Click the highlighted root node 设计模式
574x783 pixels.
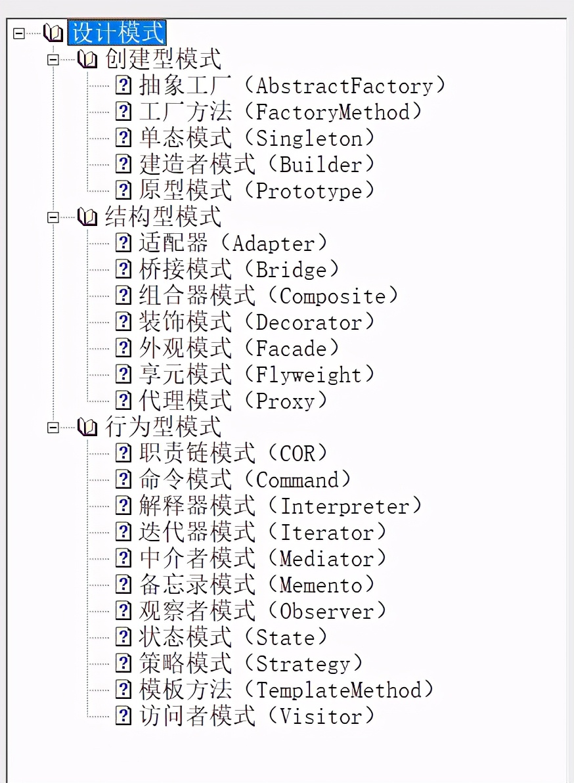pos(117,33)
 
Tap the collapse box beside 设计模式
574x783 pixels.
pos(19,32)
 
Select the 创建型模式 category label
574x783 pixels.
pos(163,59)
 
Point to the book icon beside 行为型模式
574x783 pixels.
pos(87,428)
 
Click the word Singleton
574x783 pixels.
pos(309,139)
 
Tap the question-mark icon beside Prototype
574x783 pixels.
pos(123,190)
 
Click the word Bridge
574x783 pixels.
pos(291,270)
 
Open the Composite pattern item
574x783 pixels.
pos(268,296)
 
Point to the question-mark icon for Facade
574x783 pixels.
pos(123,348)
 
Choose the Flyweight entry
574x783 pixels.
pos(256,375)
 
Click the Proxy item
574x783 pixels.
pos(233,401)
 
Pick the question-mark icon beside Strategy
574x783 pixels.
pos(123,663)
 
